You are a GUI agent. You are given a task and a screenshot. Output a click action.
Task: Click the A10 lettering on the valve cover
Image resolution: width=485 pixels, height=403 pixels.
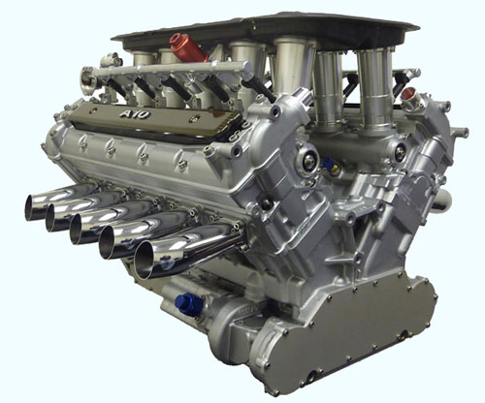pos(135,114)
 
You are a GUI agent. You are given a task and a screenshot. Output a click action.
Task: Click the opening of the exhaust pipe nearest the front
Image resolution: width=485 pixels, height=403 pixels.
pos(144,261)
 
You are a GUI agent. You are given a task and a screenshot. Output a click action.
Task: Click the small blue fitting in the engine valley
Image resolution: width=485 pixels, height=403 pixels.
pos(329,163)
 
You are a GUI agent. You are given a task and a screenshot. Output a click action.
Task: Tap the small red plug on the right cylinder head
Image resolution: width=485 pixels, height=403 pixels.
pos(409,94)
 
